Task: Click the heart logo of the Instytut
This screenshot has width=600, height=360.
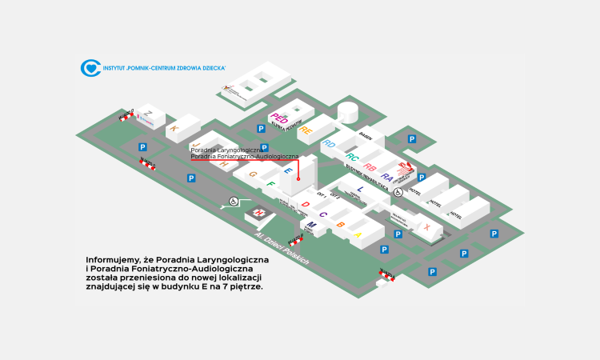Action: click(90, 68)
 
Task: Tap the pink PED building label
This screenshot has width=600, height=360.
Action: click(279, 118)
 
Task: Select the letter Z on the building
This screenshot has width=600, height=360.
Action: click(148, 113)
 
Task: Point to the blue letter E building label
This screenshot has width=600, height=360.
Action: click(288, 170)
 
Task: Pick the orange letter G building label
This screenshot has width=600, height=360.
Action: click(253, 174)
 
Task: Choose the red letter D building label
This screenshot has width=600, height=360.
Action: click(305, 205)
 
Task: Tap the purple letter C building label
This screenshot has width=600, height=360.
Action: click(322, 214)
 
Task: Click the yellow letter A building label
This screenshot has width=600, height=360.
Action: click(358, 234)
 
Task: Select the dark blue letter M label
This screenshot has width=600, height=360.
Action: click(312, 226)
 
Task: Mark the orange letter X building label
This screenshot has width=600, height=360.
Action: click(428, 227)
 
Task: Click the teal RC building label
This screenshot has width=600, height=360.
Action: click(352, 157)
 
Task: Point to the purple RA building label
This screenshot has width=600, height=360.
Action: click(386, 177)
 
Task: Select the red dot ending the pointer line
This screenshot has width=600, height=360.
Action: click(298, 180)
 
